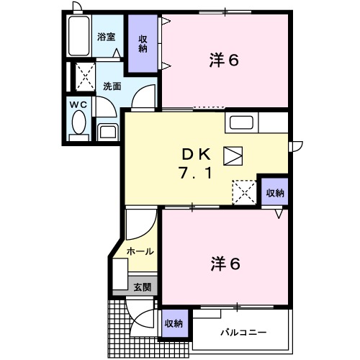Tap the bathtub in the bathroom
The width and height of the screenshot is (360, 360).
pyautogui.click(x=78, y=35)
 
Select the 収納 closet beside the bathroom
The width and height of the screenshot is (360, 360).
pyautogui.click(x=142, y=44)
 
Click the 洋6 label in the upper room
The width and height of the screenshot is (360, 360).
pyautogui.click(x=224, y=60)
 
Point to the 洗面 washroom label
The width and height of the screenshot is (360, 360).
pyautogui.click(x=112, y=86)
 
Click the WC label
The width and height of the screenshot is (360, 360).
pyautogui.click(x=77, y=104)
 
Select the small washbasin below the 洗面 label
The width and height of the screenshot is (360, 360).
pyautogui.click(x=108, y=130)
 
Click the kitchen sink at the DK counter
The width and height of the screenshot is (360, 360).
pyautogui.click(x=241, y=122)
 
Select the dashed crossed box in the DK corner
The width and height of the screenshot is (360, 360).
pyautogui.click(x=243, y=192)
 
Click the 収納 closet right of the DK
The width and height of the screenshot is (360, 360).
pyautogui.click(x=275, y=192)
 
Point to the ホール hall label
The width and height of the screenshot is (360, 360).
pyautogui.click(x=139, y=251)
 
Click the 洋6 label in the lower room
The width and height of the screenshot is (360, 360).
pyautogui.click(x=224, y=264)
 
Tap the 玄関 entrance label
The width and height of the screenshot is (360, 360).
pyautogui.click(x=141, y=287)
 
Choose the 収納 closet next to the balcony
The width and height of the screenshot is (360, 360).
pyautogui.click(x=174, y=323)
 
